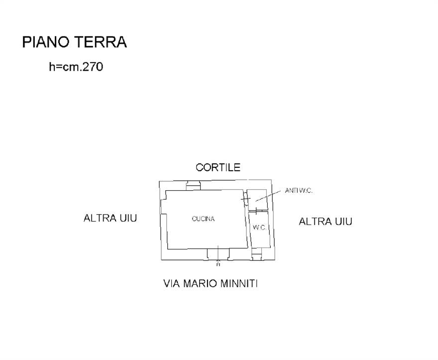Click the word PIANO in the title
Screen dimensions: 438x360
[46, 42]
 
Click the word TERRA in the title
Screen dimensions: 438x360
[101, 42]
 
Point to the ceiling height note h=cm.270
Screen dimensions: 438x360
[76, 67]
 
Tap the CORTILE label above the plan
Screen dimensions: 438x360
[218, 167]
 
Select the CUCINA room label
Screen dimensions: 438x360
[204, 219]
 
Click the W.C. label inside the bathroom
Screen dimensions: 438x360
[259, 228]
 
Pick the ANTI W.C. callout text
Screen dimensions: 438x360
[299, 191]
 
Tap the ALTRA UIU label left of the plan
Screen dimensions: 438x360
[110, 218]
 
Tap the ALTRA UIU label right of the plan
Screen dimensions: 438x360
[326, 222]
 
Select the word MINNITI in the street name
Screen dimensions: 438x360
[239, 284]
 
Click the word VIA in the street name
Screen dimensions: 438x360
[172, 284]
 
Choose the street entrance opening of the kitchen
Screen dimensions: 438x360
[218, 254]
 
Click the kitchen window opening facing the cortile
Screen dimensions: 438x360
[193, 186]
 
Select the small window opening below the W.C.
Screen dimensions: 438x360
[256, 254]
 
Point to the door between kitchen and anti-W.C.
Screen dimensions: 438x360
[245, 199]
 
